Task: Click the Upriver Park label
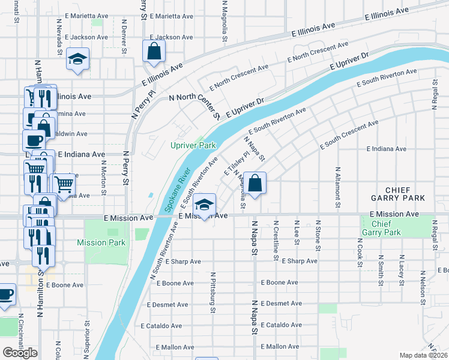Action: (192, 145)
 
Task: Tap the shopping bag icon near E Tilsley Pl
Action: (255, 184)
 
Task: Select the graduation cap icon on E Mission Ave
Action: (205, 205)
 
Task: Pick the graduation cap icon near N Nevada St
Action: (77, 59)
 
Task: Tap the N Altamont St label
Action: (338, 188)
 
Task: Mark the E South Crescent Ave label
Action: (349, 134)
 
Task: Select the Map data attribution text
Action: (424, 355)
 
